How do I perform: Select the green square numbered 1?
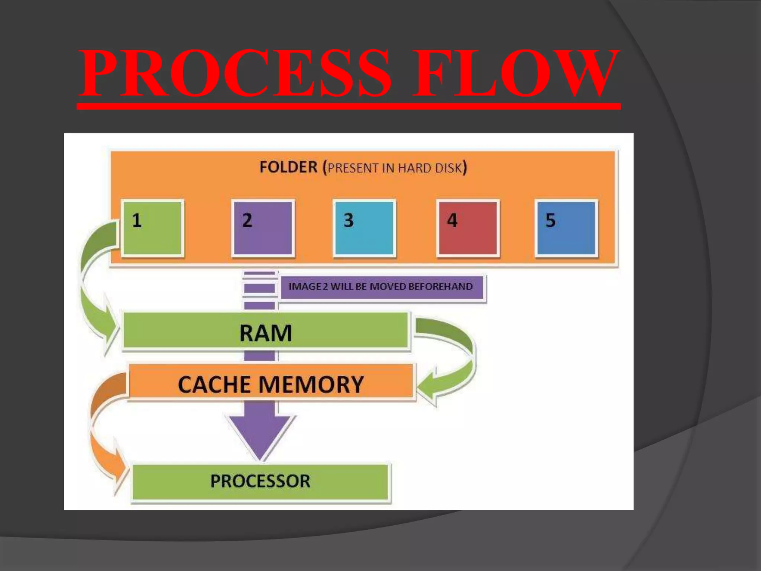tap(152, 228)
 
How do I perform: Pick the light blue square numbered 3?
tap(365, 228)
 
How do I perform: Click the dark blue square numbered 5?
tap(566, 228)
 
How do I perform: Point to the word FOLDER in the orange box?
tap(288, 167)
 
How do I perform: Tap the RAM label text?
tap(266, 333)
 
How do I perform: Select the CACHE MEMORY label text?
tap(271, 384)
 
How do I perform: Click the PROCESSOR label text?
tap(260, 481)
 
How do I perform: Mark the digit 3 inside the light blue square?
tap(349, 220)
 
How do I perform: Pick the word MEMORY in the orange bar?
tap(311, 384)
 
